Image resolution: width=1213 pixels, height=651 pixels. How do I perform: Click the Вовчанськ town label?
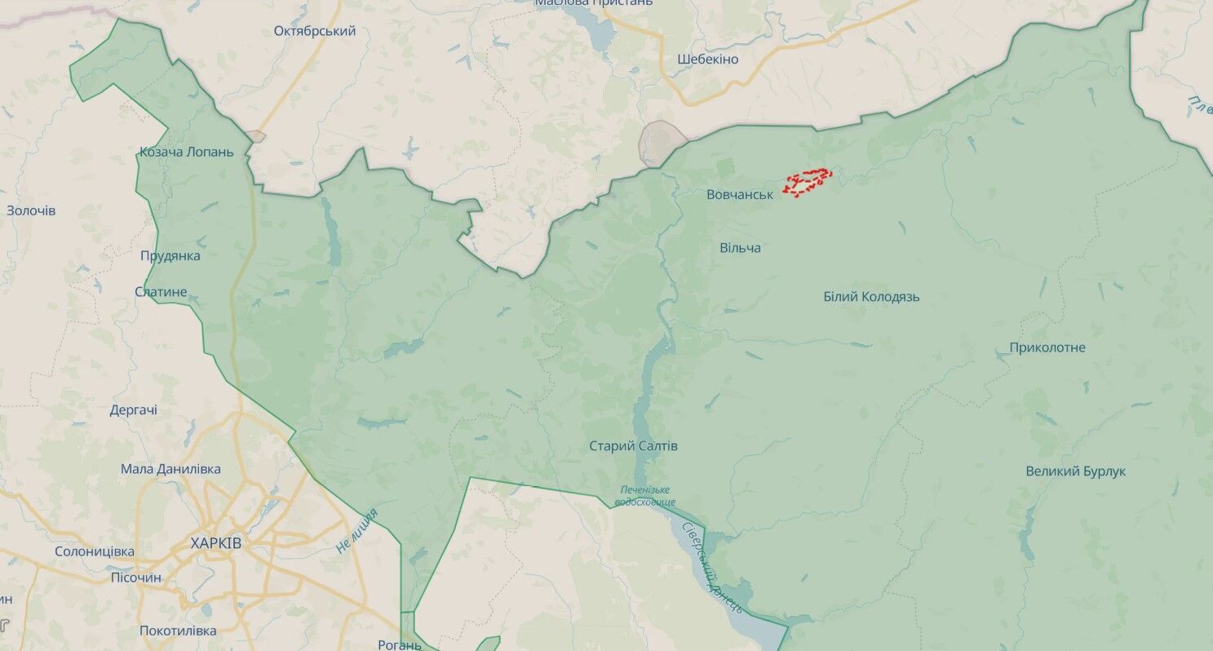[739, 194]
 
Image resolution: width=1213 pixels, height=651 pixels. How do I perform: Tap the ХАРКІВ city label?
[215, 542]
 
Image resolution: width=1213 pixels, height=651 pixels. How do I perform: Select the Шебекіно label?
[707, 60]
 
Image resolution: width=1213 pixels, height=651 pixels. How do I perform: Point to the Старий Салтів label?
[634, 446]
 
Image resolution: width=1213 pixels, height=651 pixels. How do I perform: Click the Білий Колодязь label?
[871, 297]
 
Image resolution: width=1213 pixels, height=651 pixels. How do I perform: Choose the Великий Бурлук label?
[1075, 472]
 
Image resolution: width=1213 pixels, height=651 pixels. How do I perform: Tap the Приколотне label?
[1047, 348]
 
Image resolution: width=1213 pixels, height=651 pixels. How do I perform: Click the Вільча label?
[740, 247]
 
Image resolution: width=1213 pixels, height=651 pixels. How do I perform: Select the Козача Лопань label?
[186, 152]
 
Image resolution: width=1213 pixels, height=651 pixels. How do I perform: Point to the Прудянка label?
[170, 255]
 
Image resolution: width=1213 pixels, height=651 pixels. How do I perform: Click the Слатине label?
[161, 292]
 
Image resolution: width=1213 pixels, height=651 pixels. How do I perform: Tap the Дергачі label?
[134, 410]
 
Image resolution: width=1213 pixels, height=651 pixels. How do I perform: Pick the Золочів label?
[31, 210]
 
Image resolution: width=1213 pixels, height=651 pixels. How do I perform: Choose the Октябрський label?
[315, 31]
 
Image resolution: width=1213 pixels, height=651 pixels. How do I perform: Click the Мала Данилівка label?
[170, 469]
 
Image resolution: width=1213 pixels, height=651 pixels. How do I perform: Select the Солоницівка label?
[95, 551]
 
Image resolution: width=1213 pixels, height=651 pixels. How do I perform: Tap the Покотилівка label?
[178, 631]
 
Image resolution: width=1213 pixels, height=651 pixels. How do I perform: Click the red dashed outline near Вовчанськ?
[808, 182]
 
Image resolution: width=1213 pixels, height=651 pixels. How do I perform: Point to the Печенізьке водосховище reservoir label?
[644, 495]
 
